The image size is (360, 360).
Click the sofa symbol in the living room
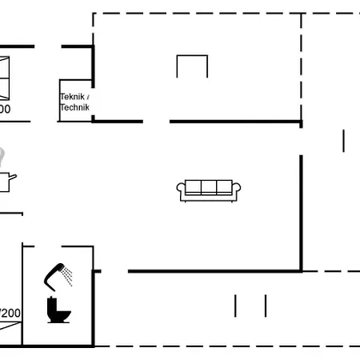click(x=209, y=190)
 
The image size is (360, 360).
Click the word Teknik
click(x=72, y=97)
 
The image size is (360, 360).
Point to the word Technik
click(x=74, y=107)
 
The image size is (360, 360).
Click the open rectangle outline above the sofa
click(x=192, y=66)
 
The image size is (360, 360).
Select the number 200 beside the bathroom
click(x=10, y=313)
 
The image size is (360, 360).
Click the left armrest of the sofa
click(x=181, y=190)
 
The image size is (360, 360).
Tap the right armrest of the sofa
click(x=238, y=190)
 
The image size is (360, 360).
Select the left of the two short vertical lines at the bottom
click(x=236, y=306)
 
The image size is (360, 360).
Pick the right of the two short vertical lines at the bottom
click(x=265, y=306)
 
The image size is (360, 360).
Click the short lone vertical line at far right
click(x=343, y=141)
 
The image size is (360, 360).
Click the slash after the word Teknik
click(x=89, y=97)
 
